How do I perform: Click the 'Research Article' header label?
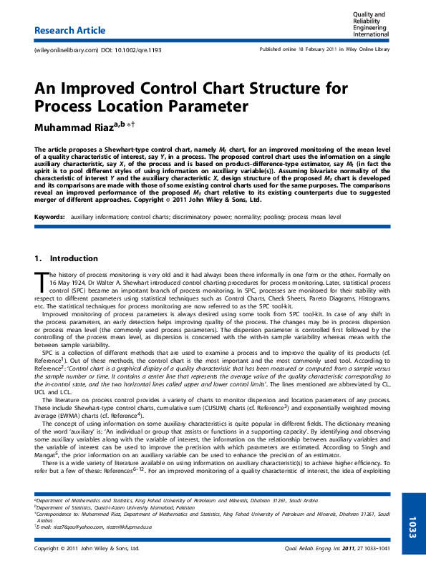pyautogui.click(x=70, y=31)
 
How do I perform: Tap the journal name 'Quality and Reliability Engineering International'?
pyautogui.click(x=371, y=24)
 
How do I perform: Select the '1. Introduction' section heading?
pyautogui.click(x=66, y=258)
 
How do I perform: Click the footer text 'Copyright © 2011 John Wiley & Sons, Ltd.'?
pyautogui.click(x=86, y=549)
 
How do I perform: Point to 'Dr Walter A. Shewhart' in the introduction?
pyautogui.click(x=100, y=283)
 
